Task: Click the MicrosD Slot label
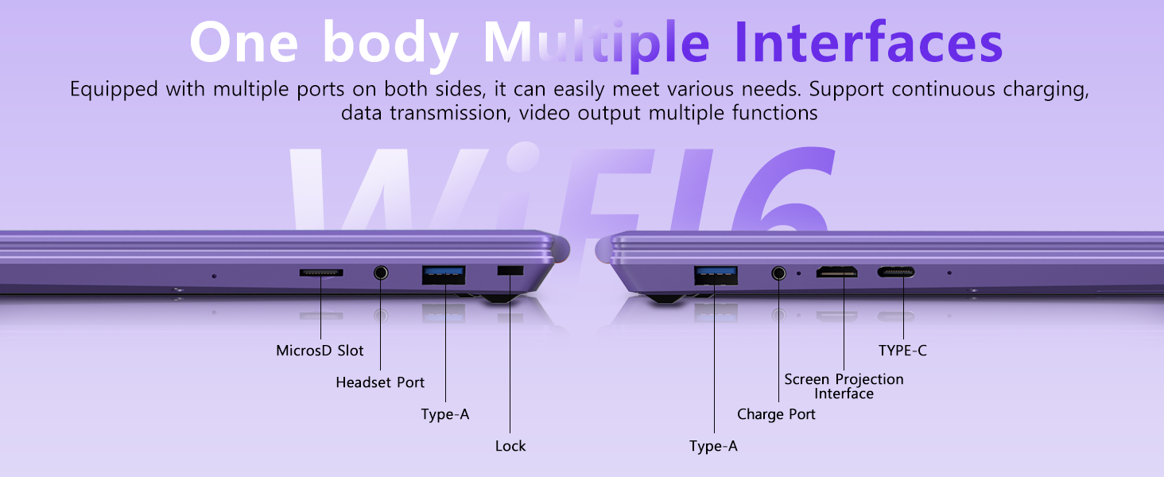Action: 320,351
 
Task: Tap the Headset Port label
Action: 380,382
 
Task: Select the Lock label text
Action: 510,446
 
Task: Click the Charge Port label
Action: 776,414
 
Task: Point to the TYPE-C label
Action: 902,351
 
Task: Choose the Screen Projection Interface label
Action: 844,386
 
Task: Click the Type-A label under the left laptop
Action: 444,414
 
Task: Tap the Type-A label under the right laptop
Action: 713,446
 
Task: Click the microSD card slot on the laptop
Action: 321,273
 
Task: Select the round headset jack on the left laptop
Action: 381,273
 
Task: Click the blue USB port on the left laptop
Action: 444,273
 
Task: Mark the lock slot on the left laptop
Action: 510,271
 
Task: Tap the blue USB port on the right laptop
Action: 715,274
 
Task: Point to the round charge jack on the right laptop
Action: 778,273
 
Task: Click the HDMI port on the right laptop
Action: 837,273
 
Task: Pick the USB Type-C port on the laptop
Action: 896,273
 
